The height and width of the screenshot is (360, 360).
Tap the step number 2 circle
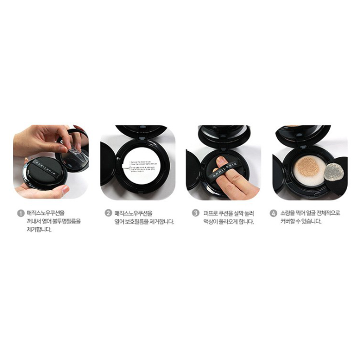click(x=109, y=212)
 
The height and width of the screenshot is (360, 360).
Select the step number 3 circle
click(x=196, y=212)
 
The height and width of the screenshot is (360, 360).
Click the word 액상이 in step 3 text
click(x=211, y=222)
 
